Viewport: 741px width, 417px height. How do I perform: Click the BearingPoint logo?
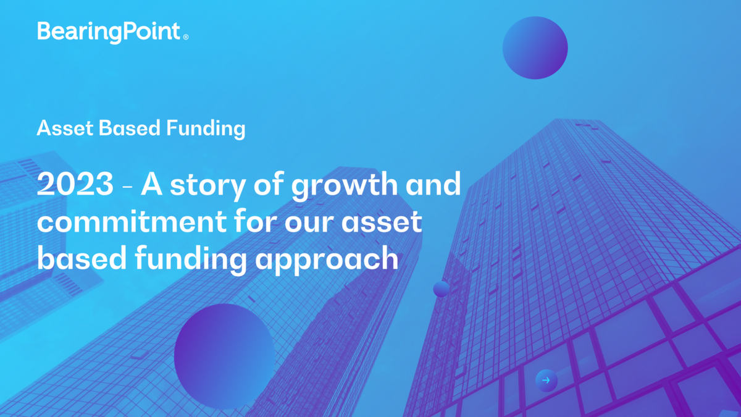tap(109, 32)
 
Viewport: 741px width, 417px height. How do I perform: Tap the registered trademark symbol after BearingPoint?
tap(185, 37)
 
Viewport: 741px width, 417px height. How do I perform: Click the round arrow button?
tap(546, 381)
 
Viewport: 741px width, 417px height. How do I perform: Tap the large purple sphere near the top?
tap(535, 47)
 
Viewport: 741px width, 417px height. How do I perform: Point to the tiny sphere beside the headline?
tap(441, 289)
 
